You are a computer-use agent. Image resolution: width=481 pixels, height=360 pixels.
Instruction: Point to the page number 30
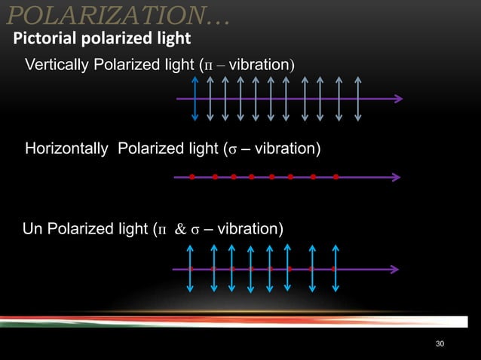point(441,344)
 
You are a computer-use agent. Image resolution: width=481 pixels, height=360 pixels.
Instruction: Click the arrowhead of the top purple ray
point(397,99)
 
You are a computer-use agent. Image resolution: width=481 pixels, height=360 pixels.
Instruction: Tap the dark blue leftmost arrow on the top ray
point(195,99)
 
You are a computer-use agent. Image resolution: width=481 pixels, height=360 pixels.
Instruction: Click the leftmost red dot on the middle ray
point(193,178)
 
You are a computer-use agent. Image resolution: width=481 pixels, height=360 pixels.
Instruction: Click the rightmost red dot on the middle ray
point(335,178)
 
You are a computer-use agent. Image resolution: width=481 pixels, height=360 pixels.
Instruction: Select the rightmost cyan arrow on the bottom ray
point(335,267)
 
